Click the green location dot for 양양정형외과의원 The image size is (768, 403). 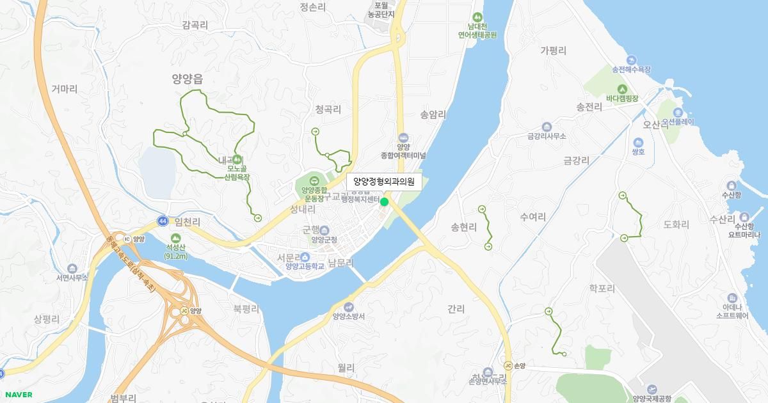click(x=385, y=202)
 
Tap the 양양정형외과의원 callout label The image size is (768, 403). click(x=384, y=182)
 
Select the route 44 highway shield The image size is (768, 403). click(x=163, y=221)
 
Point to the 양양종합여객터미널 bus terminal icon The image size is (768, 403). click(x=403, y=137)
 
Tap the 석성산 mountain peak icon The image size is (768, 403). click(x=175, y=239)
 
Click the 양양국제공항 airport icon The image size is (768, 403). click(x=652, y=389)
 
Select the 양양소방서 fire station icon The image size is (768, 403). click(x=349, y=306)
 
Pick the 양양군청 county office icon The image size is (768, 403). click(x=324, y=230)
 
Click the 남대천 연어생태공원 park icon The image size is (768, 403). click(x=477, y=17)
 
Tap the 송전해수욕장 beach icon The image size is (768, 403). click(x=631, y=59)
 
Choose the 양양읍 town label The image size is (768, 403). click(x=187, y=79)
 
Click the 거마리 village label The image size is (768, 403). click(x=64, y=90)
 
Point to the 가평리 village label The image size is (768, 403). click(x=554, y=51)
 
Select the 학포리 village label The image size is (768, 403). click(x=602, y=289)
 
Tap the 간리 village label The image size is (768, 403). click(x=456, y=309)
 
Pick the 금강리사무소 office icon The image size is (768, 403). click(x=546, y=127)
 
